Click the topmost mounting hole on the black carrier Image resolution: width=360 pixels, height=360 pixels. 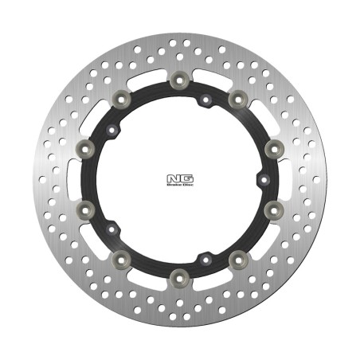(x=205, y=100)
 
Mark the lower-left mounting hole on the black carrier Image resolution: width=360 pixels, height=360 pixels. (x=112, y=229)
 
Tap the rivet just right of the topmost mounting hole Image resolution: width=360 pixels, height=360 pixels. (x=237, y=98)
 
